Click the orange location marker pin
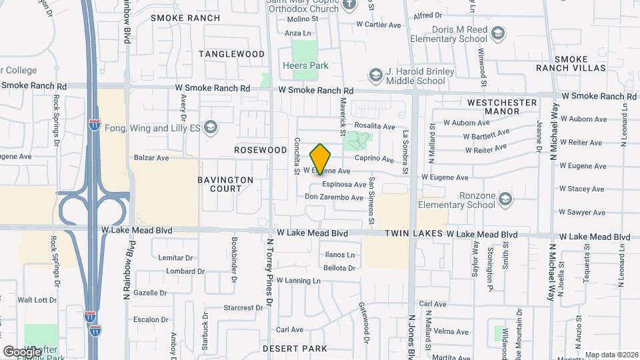click(321, 159)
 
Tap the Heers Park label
click(305, 66)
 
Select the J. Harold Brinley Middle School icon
click(375, 73)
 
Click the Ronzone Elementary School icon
click(505, 199)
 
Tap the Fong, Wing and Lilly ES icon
click(211, 127)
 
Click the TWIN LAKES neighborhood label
click(413, 235)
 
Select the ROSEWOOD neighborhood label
click(260, 151)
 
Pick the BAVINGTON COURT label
click(225, 184)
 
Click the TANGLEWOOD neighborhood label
click(231, 53)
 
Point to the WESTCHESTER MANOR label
click(502, 107)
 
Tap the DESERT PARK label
click(295, 349)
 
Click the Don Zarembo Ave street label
click(334, 197)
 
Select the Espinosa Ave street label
click(344, 185)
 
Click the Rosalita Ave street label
click(375, 126)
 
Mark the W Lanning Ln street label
click(298, 281)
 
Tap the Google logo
click(22, 351)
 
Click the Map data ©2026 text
click(611, 355)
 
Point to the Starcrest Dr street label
click(243, 308)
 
